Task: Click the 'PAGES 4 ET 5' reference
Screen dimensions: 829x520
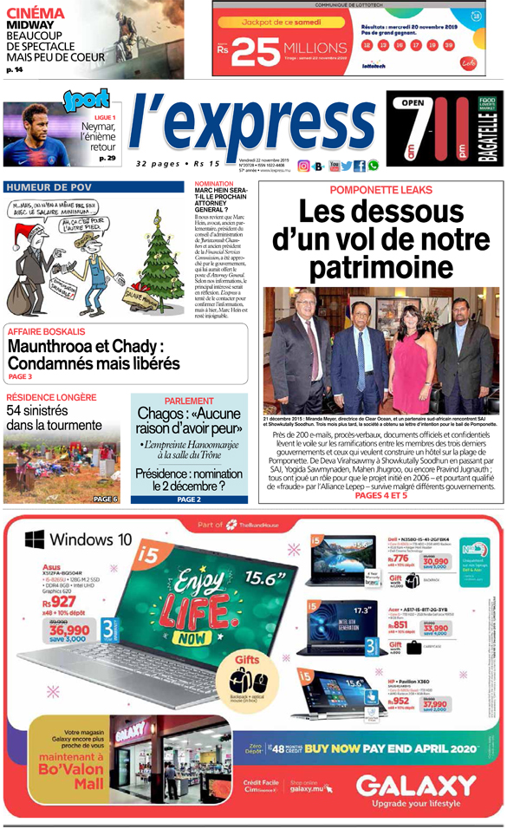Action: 380,496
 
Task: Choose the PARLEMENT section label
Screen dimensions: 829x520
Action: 188,401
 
